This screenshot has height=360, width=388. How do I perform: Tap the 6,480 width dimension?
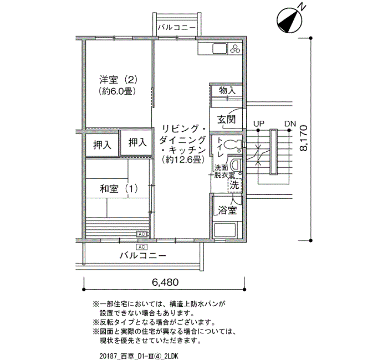[x=165, y=282]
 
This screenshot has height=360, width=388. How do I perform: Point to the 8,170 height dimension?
[x=303, y=138]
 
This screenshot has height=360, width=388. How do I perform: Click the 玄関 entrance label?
[x=226, y=120]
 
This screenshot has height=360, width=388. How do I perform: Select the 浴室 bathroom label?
[x=227, y=210]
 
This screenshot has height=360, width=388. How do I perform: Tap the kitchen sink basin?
[x=219, y=49]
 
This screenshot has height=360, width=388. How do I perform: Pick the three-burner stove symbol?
[x=235, y=48]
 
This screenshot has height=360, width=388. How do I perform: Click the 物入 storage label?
[x=227, y=90]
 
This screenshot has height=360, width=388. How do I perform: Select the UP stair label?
[x=259, y=123]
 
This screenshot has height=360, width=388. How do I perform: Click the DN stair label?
[x=290, y=123]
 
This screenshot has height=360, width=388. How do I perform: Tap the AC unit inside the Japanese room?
[x=142, y=234]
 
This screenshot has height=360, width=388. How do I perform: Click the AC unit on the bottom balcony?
[x=142, y=247]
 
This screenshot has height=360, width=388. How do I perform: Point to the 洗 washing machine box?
[x=234, y=185]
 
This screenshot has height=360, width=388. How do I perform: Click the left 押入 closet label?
[x=102, y=145]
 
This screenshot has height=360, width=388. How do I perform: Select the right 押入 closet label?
[x=137, y=142]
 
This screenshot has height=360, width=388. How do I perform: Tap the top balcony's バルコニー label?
[x=177, y=27]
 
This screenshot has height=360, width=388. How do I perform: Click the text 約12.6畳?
[x=183, y=160]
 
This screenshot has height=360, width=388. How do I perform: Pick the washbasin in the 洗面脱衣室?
[x=236, y=164]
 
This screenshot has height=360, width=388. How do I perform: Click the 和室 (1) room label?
[x=119, y=189]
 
